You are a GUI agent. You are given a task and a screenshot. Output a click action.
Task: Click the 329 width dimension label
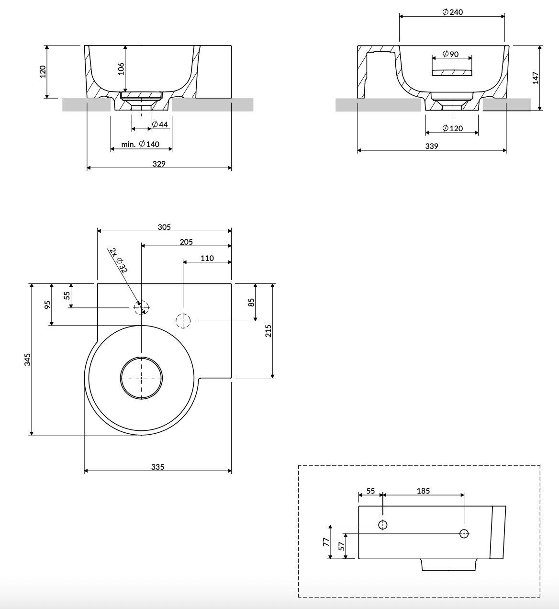coord(159,164)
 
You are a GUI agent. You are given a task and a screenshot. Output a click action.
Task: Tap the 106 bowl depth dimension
coord(121,68)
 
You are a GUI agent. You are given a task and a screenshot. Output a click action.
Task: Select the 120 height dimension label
coord(43,72)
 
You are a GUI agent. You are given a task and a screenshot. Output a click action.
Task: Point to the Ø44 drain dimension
coord(160,124)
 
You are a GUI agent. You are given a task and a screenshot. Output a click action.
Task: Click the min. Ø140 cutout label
coord(140,144)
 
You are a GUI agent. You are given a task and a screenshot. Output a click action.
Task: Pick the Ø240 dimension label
coord(452,12)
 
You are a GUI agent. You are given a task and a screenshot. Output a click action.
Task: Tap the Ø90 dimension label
coord(450,54)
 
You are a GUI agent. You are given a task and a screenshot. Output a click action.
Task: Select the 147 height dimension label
coord(536,78)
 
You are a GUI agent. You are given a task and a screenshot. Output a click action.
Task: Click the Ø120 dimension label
coord(452,128)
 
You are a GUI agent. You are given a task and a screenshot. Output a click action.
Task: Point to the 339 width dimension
coord(432,147)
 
